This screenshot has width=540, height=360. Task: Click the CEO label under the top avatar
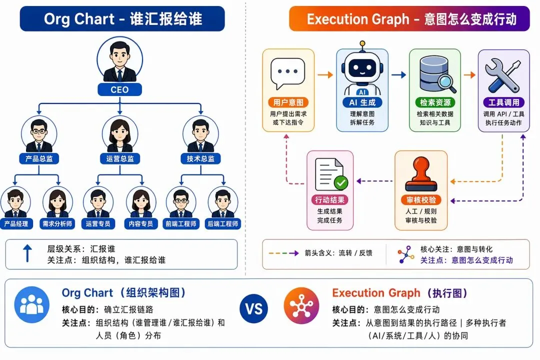pyautogui.click(x=119, y=89)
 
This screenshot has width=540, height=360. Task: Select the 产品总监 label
pyautogui.click(x=39, y=158)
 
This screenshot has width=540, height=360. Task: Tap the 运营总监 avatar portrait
pyautogui.click(x=120, y=134)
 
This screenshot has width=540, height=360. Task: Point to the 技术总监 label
pyautogui.click(x=201, y=158)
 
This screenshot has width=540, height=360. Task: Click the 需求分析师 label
pyautogui.click(x=57, y=224)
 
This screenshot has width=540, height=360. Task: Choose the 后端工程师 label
pyautogui.click(x=223, y=224)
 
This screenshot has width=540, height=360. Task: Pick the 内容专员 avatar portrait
pyautogui.click(x=141, y=203)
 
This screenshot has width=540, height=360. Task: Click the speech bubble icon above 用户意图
pyautogui.click(x=288, y=73)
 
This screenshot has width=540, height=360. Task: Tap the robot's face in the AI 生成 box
pyautogui.click(x=362, y=68)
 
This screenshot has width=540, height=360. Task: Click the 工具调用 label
pyautogui.click(x=504, y=102)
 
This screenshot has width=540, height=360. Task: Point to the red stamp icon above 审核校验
pyautogui.click(x=421, y=174)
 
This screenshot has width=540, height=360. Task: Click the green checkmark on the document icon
pyautogui.click(x=341, y=182)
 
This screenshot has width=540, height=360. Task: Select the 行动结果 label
pyautogui.click(x=330, y=200)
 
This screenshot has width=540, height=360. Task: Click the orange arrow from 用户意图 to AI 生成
pyautogui.click(x=325, y=75)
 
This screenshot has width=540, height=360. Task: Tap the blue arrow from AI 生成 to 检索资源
pyautogui.click(x=399, y=75)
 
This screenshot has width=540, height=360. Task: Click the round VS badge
pyautogui.click(x=254, y=308)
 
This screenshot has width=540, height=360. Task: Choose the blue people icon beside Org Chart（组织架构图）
pyautogui.click(x=31, y=304)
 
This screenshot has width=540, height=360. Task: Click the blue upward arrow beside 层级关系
pyautogui.click(x=27, y=253)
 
